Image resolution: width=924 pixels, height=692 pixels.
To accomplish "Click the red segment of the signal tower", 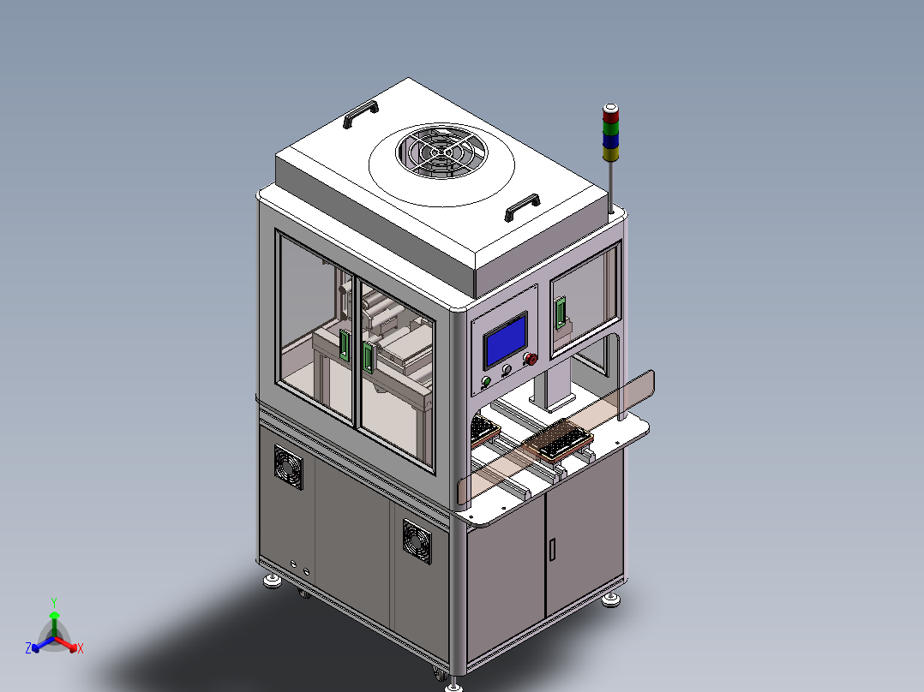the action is (610, 116).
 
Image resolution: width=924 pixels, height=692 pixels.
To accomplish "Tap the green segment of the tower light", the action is (610, 128).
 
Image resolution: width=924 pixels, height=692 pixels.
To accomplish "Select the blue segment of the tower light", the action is (610, 140).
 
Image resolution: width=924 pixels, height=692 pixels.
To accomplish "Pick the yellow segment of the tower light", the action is (610, 153).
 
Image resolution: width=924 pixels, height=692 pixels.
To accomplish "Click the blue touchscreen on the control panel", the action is (505, 341).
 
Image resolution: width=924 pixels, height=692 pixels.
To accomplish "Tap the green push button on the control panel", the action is (486, 382).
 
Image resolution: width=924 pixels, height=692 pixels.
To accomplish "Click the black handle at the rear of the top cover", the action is (361, 114).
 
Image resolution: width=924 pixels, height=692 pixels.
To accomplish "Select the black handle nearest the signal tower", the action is (522, 207).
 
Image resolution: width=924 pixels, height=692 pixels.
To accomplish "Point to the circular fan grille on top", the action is (442, 152).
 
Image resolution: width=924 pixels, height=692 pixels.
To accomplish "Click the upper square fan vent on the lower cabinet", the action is (289, 467).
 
